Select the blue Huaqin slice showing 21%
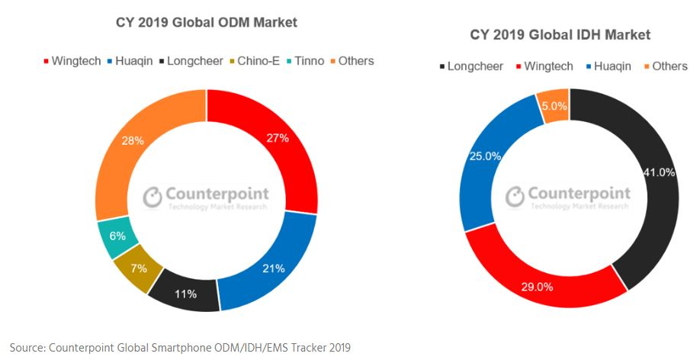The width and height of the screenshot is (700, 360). [x=274, y=268]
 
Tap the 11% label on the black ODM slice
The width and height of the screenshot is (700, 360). [x=186, y=294]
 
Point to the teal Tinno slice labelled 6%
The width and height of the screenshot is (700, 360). [x=117, y=236]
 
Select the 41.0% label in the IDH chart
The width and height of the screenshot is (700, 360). [x=659, y=172]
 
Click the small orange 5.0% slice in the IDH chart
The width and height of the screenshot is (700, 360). [x=553, y=106]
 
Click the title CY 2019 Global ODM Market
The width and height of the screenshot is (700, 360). [x=206, y=23]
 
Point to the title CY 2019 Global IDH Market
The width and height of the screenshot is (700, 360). [x=560, y=35]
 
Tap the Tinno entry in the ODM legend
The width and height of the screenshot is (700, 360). [x=310, y=60]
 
